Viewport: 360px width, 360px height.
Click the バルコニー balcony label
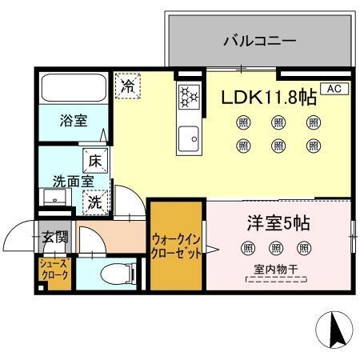pos(259,39)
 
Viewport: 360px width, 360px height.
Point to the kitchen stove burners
pos(188,96)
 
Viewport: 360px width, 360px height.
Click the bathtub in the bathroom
pos(73,88)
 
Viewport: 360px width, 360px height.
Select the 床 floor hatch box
pos(94,159)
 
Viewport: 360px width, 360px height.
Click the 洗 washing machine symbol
pos(95,202)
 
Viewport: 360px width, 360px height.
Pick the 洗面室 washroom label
pos(70,181)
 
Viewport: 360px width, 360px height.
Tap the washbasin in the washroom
pos(48,198)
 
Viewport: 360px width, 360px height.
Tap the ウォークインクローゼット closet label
pos(176,243)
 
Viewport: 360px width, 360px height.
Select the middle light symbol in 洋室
pos(277,249)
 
